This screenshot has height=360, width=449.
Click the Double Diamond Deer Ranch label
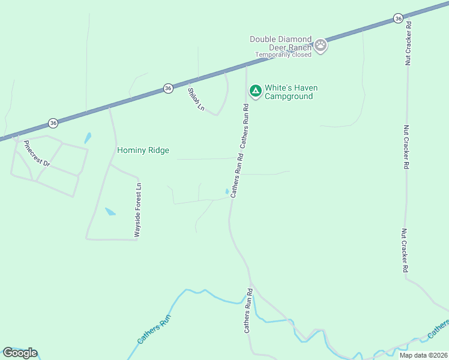280,43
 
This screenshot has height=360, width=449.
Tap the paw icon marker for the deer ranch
321,44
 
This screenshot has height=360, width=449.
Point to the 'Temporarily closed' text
283,55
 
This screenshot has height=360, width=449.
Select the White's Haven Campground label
291,92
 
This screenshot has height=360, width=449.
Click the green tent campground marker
255,91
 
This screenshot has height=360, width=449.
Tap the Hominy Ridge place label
143,150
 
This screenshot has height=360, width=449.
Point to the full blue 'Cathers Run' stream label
154,329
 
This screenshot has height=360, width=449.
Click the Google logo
20,353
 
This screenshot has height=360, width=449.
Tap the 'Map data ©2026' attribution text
424,355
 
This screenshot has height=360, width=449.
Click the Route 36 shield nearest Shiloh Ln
168,88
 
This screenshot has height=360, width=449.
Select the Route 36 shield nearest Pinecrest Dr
53,123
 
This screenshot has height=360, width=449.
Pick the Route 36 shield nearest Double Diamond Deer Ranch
399,19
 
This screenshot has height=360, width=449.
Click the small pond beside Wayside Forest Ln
110,211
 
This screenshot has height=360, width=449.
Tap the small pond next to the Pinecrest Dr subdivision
88,137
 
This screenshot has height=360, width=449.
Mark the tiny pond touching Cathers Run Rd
227,191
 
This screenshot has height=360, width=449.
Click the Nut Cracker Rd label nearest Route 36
408,43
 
